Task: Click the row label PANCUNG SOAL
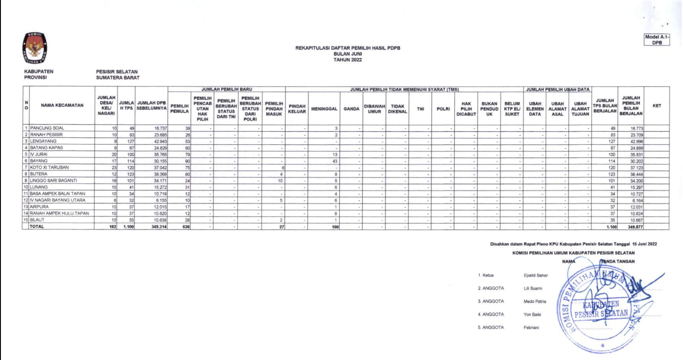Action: tap(47, 128)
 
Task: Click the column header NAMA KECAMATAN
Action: tap(62, 106)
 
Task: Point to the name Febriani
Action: tap(531, 327)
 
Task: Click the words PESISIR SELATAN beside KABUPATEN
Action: tap(117, 71)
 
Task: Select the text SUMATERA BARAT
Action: tap(117, 77)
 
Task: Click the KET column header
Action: tap(656, 106)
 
